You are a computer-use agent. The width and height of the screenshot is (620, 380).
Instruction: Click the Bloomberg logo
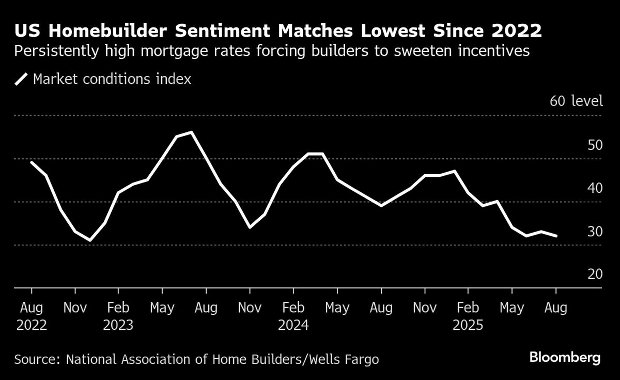(x=565, y=357)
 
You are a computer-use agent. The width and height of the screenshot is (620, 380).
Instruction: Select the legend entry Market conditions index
(x=112, y=79)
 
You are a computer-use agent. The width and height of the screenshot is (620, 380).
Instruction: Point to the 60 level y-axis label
(x=576, y=101)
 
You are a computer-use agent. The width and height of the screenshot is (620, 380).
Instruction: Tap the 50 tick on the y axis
(x=595, y=145)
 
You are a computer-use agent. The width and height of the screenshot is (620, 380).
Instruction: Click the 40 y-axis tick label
(x=595, y=188)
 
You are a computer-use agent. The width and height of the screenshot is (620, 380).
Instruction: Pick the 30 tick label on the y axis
(x=595, y=232)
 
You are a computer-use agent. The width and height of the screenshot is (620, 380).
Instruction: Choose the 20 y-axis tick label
(x=595, y=275)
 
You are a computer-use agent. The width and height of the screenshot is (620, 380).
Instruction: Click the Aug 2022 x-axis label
(x=32, y=316)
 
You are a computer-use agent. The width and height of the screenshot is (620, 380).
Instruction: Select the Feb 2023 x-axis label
(x=118, y=316)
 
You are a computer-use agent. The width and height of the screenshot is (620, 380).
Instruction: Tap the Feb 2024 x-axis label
(x=293, y=316)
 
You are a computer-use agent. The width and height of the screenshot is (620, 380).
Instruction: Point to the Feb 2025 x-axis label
(x=468, y=316)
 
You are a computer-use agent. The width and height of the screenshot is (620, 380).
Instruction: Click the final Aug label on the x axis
(x=555, y=308)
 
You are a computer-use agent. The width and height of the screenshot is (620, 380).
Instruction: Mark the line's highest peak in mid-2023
(x=192, y=132)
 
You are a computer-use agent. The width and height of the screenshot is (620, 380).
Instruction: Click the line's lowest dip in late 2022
(x=90, y=240)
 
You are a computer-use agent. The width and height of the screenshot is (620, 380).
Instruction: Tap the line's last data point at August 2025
(x=556, y=236)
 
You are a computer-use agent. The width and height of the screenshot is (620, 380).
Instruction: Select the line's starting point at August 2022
(x=32, y=162)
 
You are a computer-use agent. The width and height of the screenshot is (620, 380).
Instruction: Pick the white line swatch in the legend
(x=21, y=79)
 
